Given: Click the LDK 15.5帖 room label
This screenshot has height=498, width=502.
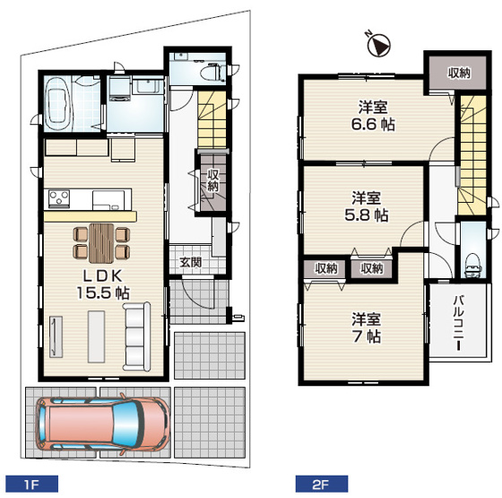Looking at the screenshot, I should [x=99, y=282].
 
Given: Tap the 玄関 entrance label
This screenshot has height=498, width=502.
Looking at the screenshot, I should [x=190, y=263].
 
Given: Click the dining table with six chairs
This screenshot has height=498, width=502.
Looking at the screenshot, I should [x=100, y=240].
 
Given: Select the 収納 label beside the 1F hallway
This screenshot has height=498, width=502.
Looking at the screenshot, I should [x=213, y=180].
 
